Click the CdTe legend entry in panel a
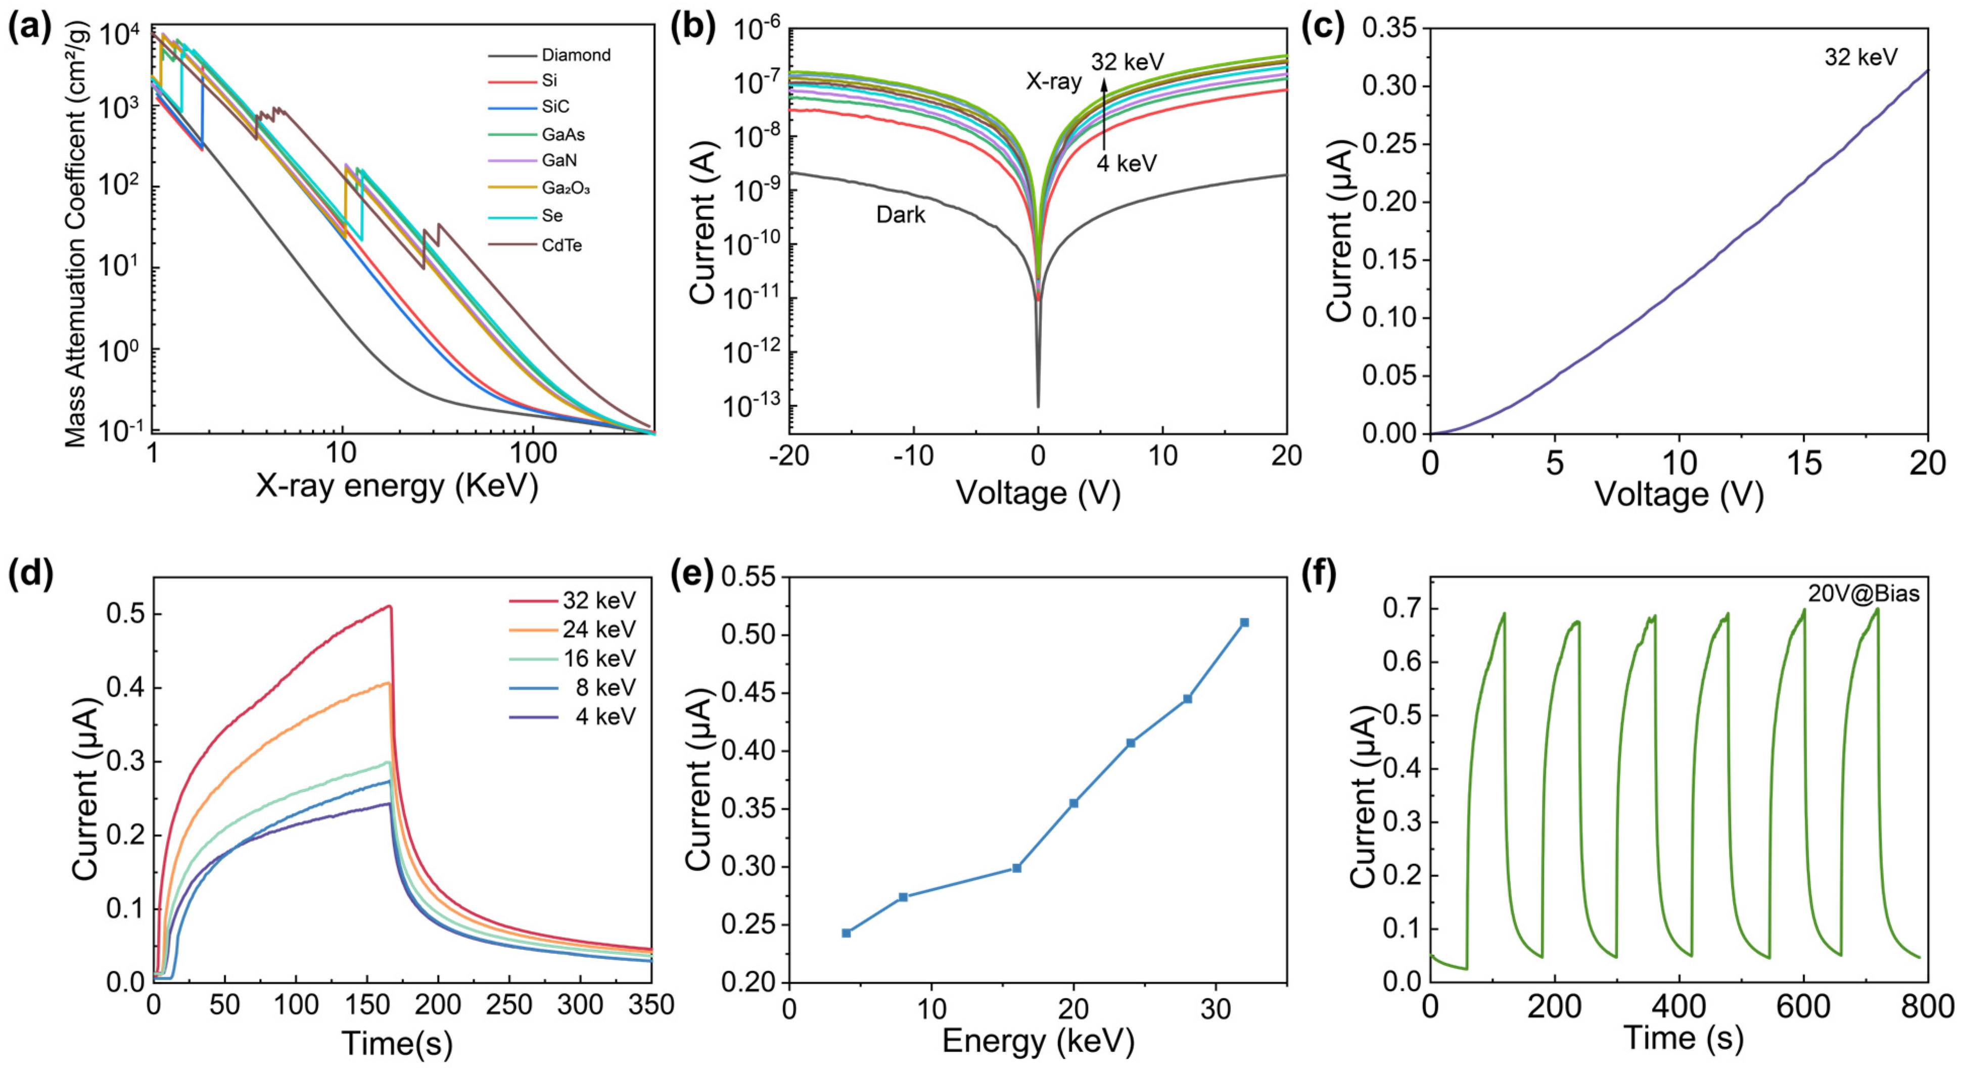coord(562,246)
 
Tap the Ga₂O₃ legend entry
coord(566,187)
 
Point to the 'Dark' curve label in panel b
coord(900,215)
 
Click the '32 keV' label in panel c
coord(1860,57)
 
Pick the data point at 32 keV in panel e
coord(1244,622)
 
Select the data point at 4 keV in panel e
coord(846,933)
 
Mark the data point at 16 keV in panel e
coord(1016,867)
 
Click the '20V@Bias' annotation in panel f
coord(1863,594)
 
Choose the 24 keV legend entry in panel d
coord(599,629)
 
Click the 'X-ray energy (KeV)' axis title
coord(396,485)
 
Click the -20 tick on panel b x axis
coord(789,456)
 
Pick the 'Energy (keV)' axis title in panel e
coord(1038,1041)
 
